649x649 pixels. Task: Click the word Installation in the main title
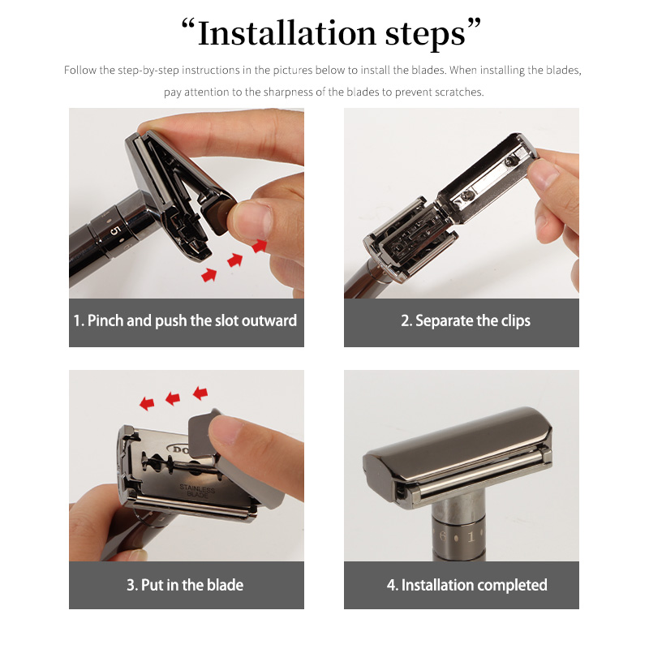coord(287,33)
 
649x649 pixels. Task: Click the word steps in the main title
coord(425,35)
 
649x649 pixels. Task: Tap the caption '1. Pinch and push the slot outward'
coord(185,320)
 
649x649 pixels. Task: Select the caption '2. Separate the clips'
coord(466,320)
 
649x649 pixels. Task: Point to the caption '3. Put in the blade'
coord(185,585)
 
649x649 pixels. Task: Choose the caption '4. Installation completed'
coord(467,585)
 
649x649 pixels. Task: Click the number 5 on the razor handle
coord(115,230)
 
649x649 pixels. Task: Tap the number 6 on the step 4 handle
coord(443,536)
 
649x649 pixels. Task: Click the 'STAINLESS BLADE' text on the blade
coord(197,491)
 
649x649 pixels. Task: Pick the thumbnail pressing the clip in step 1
coord(251,219)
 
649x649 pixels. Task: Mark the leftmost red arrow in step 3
coord(147,403)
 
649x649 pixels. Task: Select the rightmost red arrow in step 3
coord(200,393)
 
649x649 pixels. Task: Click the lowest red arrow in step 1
coord(209,275)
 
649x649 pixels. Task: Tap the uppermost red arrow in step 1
coord(260,246)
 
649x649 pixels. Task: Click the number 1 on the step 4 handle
coord(471,537)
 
